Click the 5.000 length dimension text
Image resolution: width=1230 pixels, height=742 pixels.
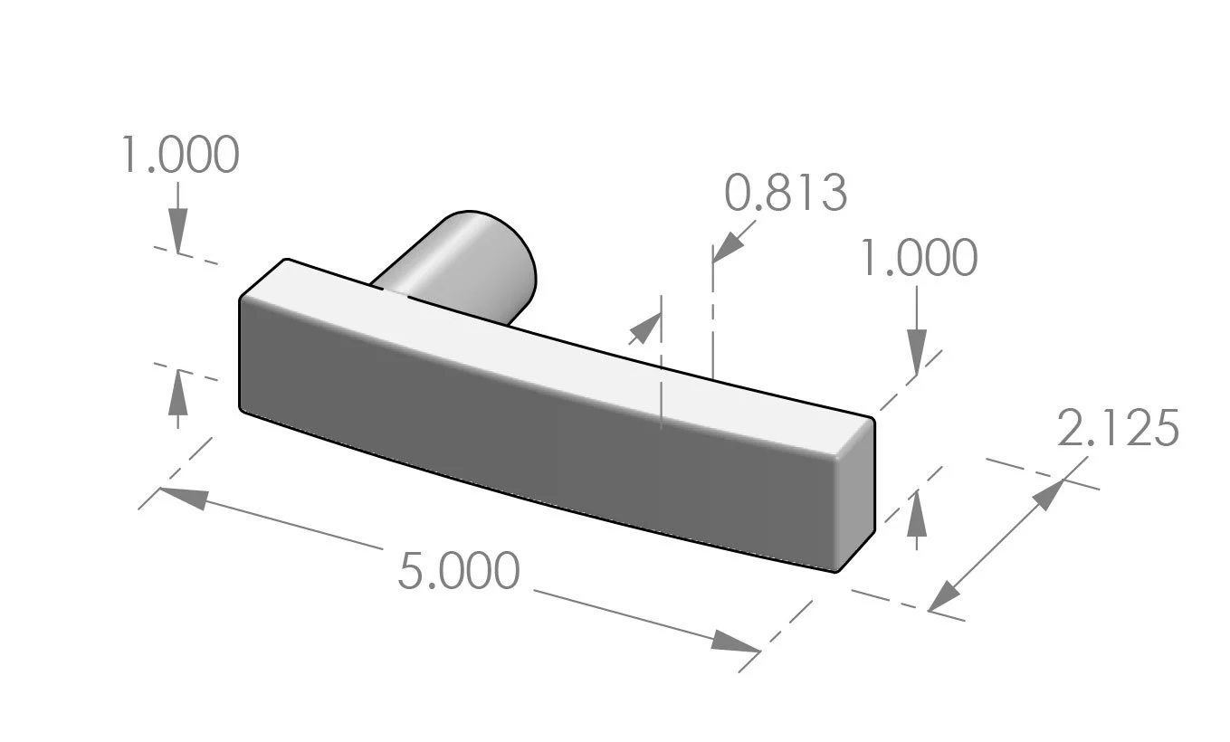459,572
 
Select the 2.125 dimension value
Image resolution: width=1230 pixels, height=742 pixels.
1118,429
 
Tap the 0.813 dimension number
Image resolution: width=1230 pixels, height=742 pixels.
786,193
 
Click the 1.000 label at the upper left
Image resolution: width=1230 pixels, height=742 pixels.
180,156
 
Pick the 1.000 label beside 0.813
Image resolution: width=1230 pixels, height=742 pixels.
918,259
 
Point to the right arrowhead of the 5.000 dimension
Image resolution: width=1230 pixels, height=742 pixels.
735,642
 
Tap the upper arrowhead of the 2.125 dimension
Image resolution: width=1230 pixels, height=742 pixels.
1052,492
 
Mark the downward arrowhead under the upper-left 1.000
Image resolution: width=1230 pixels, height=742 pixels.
177,230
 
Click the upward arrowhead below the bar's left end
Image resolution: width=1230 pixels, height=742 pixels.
177,392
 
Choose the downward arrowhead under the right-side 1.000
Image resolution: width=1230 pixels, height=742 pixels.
917,351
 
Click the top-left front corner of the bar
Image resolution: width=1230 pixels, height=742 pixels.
241,299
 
